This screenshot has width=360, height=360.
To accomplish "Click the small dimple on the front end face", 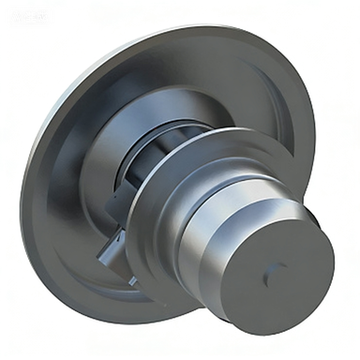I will click(271, 273).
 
